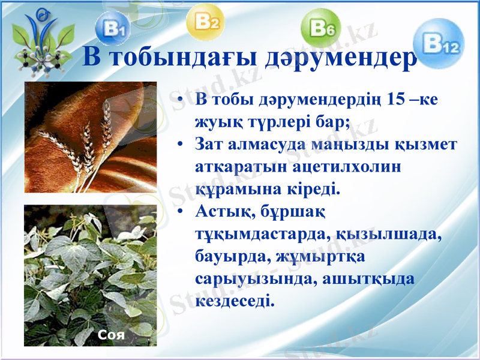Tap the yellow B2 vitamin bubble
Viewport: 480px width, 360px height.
point(206,22)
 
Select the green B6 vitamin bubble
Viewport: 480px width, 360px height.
point(325,28)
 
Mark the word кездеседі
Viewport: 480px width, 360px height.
point(235,300)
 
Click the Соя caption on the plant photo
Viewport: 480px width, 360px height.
point(111,334)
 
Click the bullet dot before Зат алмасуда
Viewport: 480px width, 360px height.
point(180,146)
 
